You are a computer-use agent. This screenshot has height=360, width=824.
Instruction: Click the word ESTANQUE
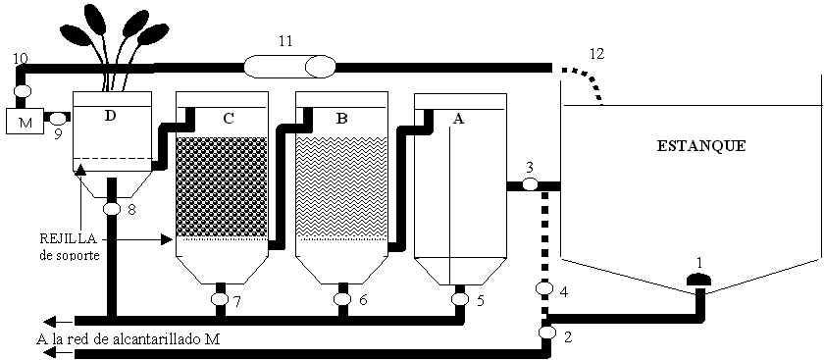701,146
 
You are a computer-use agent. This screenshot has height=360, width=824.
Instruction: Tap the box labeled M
25,121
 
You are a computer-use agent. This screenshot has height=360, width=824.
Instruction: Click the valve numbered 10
22,90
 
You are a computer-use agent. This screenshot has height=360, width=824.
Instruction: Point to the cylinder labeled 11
289,67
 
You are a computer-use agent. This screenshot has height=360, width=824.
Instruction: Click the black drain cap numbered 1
698,280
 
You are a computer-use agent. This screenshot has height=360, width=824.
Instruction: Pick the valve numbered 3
530,184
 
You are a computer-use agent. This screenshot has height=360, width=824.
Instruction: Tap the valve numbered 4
543,288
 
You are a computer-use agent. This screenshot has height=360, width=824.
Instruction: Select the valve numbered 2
547,333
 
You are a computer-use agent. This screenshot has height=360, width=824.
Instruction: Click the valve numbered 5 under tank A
460,298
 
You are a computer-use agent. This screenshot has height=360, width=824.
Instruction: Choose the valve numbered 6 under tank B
342,298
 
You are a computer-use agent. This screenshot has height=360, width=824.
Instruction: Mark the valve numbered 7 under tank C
220,299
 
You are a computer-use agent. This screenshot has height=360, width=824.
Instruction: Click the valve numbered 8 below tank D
112,209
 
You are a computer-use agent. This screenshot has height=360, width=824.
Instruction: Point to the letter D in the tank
110,117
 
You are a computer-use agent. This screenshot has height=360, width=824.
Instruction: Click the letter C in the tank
228,119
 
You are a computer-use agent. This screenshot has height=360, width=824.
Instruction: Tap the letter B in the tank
341,119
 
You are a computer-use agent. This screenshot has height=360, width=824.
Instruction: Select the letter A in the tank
458,120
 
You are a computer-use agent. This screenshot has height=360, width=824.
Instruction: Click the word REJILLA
69,238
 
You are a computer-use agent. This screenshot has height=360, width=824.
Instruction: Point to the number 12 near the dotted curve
597,53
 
